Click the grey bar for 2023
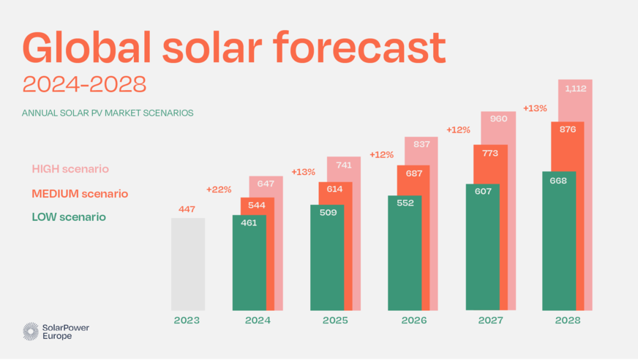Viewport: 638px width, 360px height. click(x=188, y=263)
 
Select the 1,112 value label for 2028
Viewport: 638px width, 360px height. click(x=575, y=88)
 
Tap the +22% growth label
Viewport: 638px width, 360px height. click(x=219, y=190)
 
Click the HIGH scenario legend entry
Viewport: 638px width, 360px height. click(x=70, y=169)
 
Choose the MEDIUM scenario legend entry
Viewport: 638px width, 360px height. click(x=80, y=194)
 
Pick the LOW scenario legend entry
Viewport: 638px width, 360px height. click(x=69, y=217)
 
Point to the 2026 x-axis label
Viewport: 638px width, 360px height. click(x=413, y=320)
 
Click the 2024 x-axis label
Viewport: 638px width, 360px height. click(x=258, y=320)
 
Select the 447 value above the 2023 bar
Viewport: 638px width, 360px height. click(x=188, y=209)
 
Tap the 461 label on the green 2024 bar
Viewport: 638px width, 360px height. click(x=249, y=222)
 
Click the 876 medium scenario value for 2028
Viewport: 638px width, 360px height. click(x=568, y=129)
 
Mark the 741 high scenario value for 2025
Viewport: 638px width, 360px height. click(x=342, y=165)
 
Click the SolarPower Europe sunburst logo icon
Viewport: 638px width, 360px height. click(x=31, y=331)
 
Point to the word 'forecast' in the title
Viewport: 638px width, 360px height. click(x=360, y=48)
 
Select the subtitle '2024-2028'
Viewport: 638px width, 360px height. click(x=84, y=84)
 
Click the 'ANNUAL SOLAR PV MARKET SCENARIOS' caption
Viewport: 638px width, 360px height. click(x=108, y=113)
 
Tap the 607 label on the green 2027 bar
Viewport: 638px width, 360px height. click(x=481, y=192)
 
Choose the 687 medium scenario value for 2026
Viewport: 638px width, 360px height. click(x=413, y=173)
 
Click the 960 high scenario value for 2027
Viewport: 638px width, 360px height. click(x=498, y=119)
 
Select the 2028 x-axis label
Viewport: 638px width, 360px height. click(x=568, y=320)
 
